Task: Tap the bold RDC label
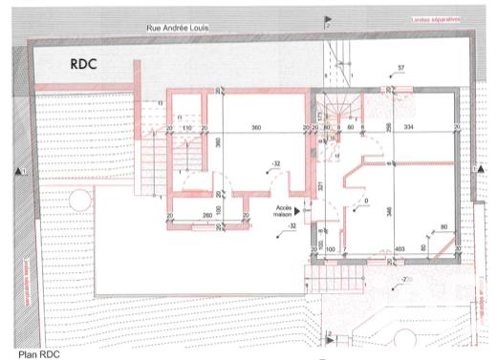86,65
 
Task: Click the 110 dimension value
188,127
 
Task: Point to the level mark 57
401,68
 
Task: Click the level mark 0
365,201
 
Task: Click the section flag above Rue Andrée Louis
328,18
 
